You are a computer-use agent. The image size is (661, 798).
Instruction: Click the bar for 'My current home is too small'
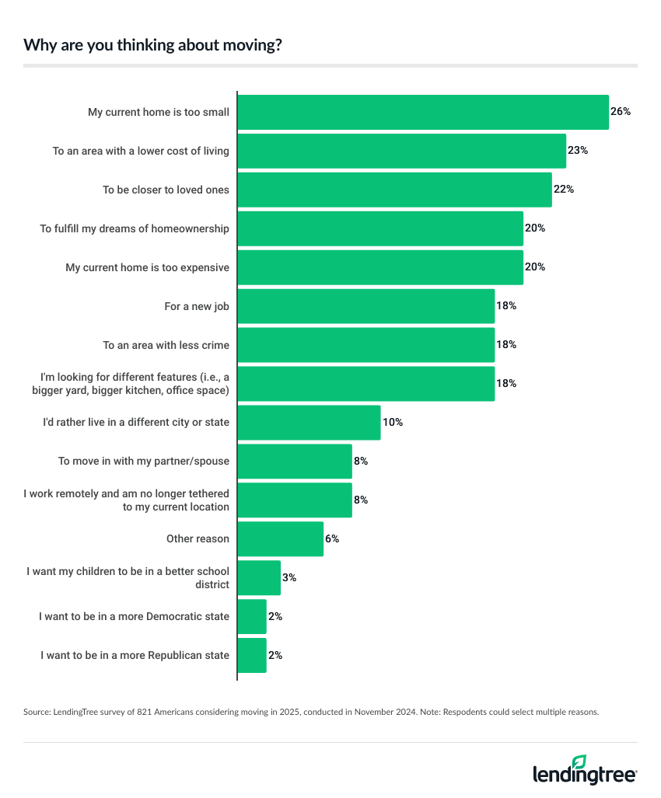[422, 112]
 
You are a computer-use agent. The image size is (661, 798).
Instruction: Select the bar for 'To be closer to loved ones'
[394, 190]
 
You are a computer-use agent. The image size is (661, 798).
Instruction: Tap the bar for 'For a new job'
[365, 306]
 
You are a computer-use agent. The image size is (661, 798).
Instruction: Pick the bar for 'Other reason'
[280, 539]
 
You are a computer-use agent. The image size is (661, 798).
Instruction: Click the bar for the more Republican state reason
[252, 656]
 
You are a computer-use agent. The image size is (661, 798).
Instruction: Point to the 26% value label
[620, 112]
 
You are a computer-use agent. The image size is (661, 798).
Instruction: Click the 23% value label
[577, 151]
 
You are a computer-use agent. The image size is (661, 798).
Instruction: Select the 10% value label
[392, 423]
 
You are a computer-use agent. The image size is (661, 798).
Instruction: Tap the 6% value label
[332, 539]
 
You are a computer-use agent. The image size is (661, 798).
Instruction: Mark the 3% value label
[289, 578]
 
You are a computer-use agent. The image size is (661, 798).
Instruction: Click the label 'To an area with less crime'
[166, 345]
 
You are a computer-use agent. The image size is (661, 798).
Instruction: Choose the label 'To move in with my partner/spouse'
[144, 462]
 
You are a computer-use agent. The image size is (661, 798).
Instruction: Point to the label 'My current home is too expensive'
[147, 267]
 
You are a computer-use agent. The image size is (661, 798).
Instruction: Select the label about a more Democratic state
[134, 617]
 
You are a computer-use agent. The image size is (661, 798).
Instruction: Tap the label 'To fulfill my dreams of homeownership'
[135, 228]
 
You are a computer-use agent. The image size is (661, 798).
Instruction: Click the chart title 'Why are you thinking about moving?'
[152, 45]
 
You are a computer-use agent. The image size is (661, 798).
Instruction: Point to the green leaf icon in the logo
[579, 761]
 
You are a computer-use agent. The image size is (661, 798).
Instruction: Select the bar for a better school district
[259, 578]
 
